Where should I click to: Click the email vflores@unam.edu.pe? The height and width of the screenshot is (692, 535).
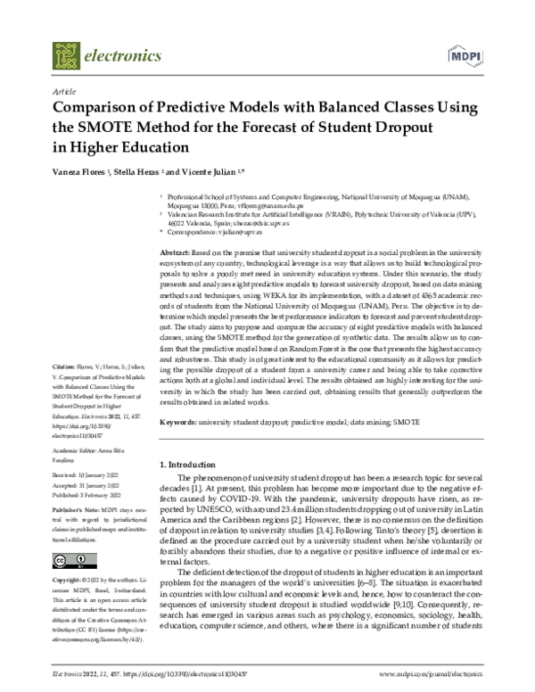point(259,204)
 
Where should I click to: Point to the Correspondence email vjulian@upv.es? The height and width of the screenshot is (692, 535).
point(249,231)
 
